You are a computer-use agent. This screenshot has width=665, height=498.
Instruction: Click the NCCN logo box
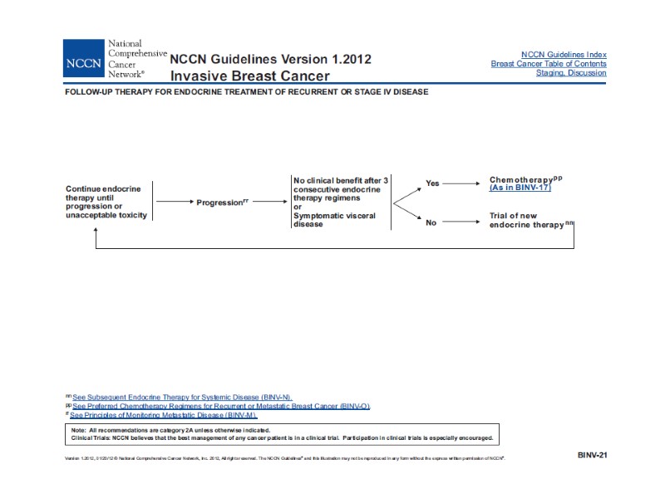(83, 58)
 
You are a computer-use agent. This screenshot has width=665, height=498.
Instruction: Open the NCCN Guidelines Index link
(564, 54)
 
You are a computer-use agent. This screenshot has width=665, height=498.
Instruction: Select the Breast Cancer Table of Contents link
(549, 64)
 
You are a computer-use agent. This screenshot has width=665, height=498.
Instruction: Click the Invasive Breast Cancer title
(249, 76)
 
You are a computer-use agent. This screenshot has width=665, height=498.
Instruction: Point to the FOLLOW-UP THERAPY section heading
(247, 91)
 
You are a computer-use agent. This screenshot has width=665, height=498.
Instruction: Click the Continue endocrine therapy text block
(106, 202)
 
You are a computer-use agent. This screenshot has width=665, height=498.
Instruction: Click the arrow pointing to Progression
(174, 202)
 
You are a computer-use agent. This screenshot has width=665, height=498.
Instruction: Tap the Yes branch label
(432, 183)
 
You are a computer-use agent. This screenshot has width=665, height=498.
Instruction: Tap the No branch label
(431, 222)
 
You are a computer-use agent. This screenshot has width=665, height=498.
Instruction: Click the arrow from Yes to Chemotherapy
(461, 183)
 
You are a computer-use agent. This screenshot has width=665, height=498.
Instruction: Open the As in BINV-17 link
(520, 188)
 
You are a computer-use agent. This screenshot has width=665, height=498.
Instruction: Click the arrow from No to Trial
(461, 222)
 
